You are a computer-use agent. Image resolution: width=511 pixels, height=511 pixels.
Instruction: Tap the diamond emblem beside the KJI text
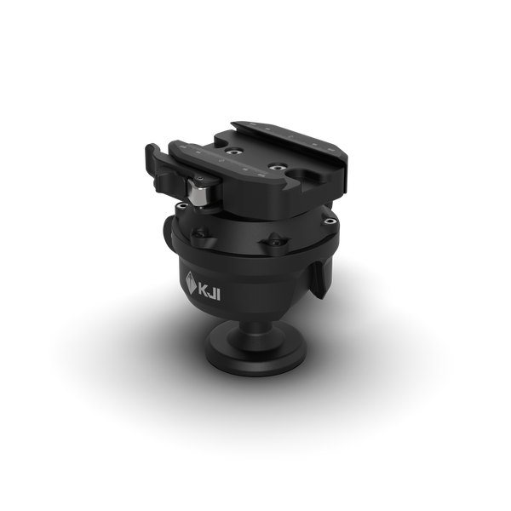coord(191,283)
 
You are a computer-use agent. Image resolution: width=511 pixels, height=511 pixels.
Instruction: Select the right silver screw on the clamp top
coord(278,168)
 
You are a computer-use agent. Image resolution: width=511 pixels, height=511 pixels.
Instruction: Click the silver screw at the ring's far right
coord(330,221)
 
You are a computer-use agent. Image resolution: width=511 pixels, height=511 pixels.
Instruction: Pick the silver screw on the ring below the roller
coord(181,206)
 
